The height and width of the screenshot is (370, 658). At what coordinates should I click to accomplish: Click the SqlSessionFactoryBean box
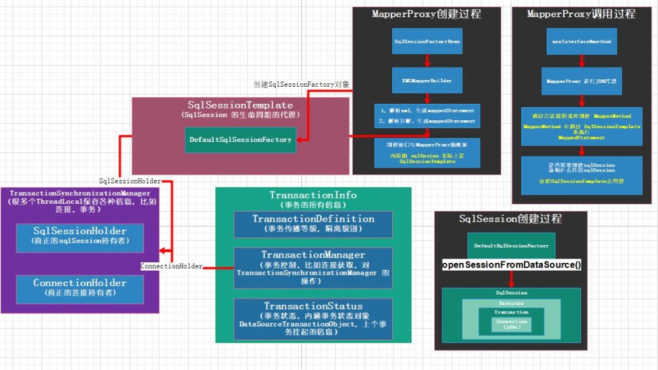coord(426,41)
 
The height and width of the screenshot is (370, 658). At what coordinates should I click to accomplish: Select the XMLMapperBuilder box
coord(426,80)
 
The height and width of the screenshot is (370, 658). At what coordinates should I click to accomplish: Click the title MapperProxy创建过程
coord(426,14)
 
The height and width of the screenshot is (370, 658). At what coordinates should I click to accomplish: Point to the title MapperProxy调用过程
coord(581,14)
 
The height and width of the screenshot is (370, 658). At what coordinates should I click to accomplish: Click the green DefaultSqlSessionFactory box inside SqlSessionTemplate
coord(240,139)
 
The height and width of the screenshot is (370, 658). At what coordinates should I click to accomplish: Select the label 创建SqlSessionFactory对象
coord(302,85)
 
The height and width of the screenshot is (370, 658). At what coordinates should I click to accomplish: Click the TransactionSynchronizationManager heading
coord(80,193)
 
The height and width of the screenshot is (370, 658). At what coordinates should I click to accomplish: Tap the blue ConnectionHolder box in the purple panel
coord(80,287)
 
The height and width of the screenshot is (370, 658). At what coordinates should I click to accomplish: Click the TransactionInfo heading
coord(313,195)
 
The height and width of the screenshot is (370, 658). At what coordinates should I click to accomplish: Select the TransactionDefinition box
coord(313,223)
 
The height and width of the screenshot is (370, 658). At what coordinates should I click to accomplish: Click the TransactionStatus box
coord(313,319)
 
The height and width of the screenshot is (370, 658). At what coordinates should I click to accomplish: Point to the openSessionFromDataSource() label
coord(511,265)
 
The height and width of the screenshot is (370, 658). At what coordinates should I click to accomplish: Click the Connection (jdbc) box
coord(511,324)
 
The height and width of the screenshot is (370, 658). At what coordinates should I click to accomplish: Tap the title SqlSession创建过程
coord(511,219)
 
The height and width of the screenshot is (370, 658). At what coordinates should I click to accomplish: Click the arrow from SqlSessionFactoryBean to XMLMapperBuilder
coord(426,60)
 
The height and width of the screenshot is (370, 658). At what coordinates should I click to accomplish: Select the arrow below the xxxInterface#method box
coord(580,60)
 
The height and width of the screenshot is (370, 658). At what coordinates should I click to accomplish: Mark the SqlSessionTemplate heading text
coord(240,105)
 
